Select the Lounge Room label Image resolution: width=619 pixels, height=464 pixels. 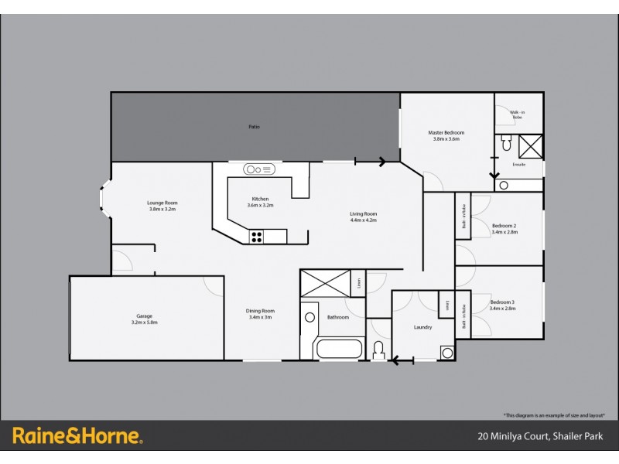click(x=162, y=203)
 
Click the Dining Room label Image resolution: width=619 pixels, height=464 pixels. click(x=261, y=311)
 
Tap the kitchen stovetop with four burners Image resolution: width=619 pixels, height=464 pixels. click(x=257, y=237)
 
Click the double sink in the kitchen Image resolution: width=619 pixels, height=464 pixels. click(x=259, y=169)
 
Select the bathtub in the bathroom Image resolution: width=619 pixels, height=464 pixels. click(x=339, y=348)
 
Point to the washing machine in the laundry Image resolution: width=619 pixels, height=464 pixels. click(x=447, y=353)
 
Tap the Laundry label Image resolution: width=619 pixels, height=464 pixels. click(x=422, y=327)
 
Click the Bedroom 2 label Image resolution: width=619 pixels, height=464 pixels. click(x=504, y=226)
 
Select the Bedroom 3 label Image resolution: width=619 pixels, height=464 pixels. click(x=502, y=302)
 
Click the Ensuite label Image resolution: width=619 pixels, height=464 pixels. click(x=519, y=165)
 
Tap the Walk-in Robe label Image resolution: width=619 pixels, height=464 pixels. click(x=516, y=114)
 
